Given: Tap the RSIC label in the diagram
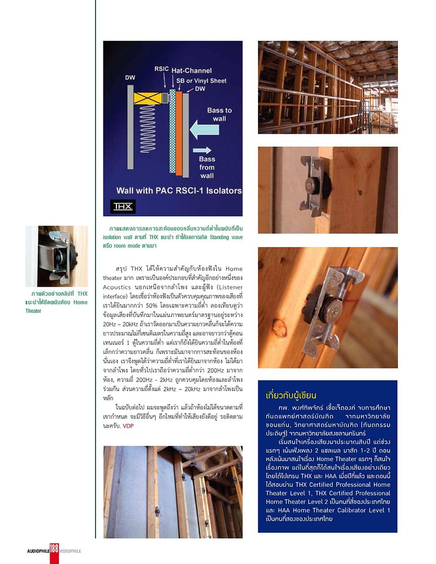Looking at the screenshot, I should (x=161, y=69).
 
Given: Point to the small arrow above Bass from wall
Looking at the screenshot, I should (x=202, y=150).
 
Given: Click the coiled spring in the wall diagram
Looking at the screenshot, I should (x=148, y=130).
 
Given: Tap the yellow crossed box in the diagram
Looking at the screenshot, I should (x=148, y=98).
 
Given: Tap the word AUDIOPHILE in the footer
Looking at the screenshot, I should (x=38, y=551).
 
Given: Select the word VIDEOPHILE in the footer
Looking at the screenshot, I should (x=70, y=551).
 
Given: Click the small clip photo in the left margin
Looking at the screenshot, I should (x=56, y=255).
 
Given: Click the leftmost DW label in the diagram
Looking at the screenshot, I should (x=130, y=78).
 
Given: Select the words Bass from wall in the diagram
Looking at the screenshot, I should (x=207, y=167).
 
